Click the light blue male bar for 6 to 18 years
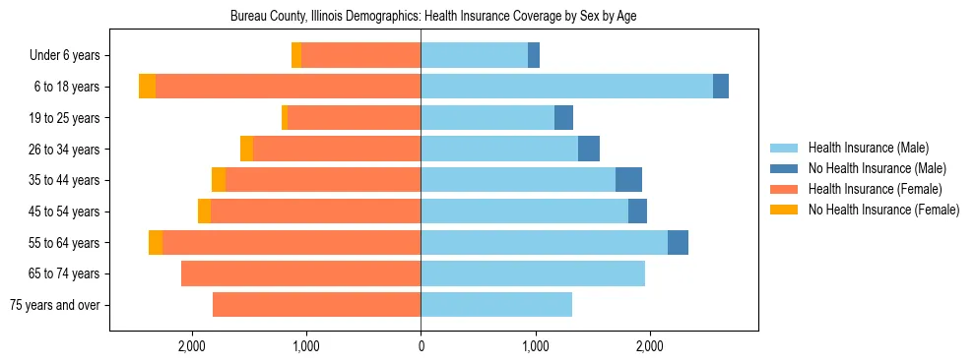[x=566, y=87]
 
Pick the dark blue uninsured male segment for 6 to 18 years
[x=721, y=87]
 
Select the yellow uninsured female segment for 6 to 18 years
[x=147, y=87]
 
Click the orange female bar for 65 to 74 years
[x=300, y=273]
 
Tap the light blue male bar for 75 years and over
[x=496, y=305]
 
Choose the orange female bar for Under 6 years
[x=360, y=55]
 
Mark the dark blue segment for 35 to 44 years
[x=628, y=180]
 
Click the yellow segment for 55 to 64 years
[x=156, y=242]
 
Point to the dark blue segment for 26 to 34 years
[x=589, y=149]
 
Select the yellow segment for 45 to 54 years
[x=204, y=212]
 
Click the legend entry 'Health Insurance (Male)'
[x=868, y=148]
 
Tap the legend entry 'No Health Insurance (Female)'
[x=883, y=210]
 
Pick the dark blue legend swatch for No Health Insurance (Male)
[x=785, y=168]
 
